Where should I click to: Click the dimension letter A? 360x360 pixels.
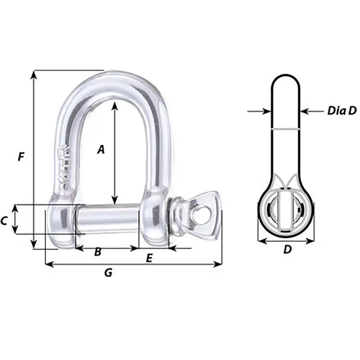[101, 149]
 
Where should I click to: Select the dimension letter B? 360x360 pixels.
[97, 252]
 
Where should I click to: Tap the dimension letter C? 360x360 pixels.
[4, 220]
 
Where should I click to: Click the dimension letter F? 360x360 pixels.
[20, 157]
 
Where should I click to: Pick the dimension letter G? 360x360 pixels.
[108, 272]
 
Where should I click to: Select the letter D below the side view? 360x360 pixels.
[288, 249]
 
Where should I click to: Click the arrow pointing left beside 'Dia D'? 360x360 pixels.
[305, 111]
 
